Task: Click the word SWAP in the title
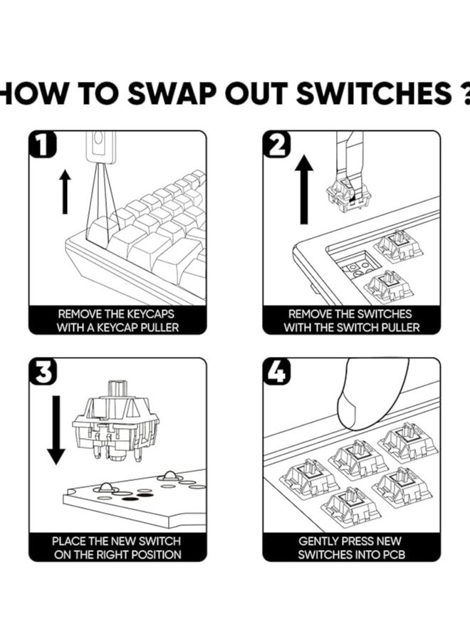[172, 93]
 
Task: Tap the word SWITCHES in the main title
[374, 93]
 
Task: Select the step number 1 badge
[43, 144]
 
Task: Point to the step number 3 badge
[43, 372]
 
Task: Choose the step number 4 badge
[277, 372]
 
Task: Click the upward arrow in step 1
[65, 192]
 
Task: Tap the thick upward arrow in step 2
[304, 189]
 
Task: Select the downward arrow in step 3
[56, 430]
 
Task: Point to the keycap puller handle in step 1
[101, 147]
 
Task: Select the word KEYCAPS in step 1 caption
[151, 314]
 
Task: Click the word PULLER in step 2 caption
[401, 328]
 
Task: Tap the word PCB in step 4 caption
[394, 555]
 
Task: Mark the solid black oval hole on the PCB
[131, 499]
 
